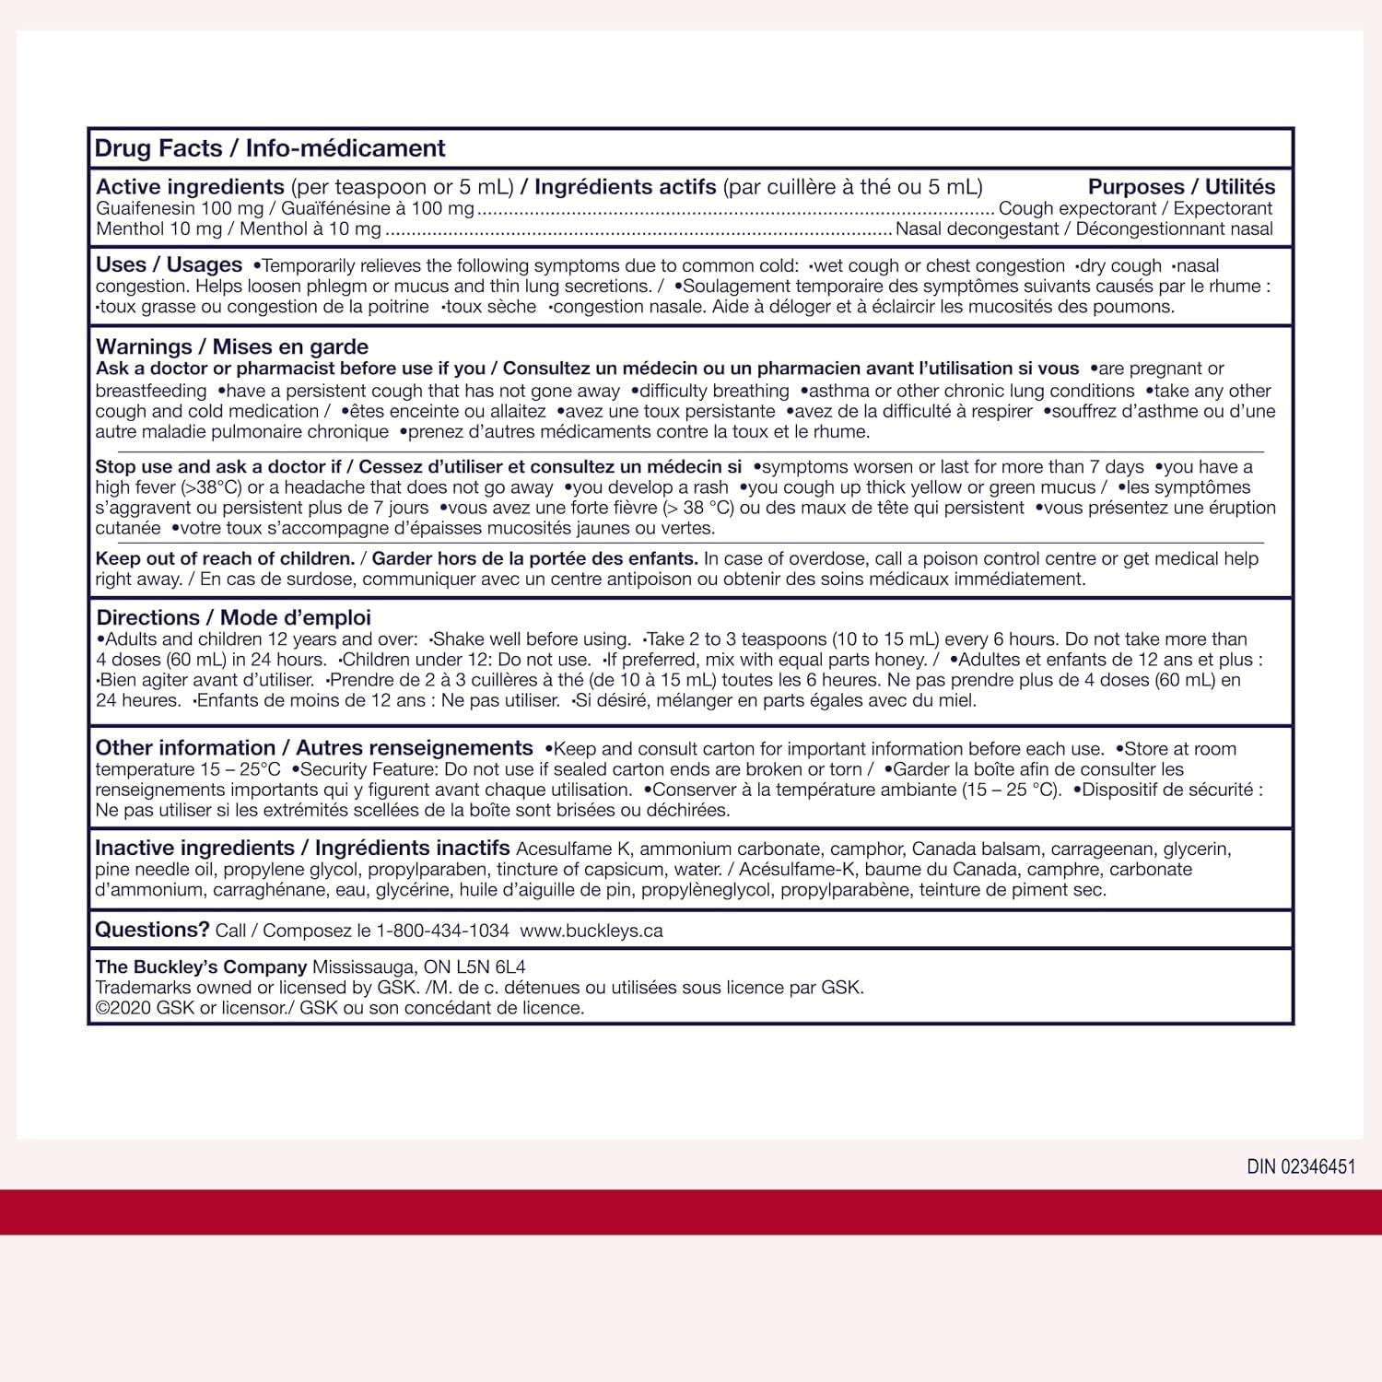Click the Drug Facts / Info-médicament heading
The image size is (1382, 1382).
[x=270, y=148]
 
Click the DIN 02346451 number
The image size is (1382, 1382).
[x=1301, y=1166]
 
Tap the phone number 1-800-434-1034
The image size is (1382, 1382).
[x=442, y=931]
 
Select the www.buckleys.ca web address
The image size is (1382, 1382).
[x=591, y=931]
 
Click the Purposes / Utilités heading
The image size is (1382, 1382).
[x=1181, y=187]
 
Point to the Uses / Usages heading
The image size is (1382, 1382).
[x=169, y=265]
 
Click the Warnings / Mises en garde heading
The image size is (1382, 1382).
[x=231, y=347]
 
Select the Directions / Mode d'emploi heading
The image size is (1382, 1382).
[x=233, y=617]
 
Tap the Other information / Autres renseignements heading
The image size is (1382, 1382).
[x=314, y=748]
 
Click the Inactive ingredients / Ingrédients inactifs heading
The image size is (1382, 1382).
[x=302, y=848]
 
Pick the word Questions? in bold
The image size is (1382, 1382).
[x=152, y=930]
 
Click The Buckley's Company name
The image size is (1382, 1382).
[x=201, y=966]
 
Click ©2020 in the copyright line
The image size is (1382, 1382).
[x=123, y=1008]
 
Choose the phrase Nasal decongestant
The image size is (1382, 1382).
[x=977, y=229]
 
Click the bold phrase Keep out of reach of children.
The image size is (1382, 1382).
[x=225, y=558]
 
